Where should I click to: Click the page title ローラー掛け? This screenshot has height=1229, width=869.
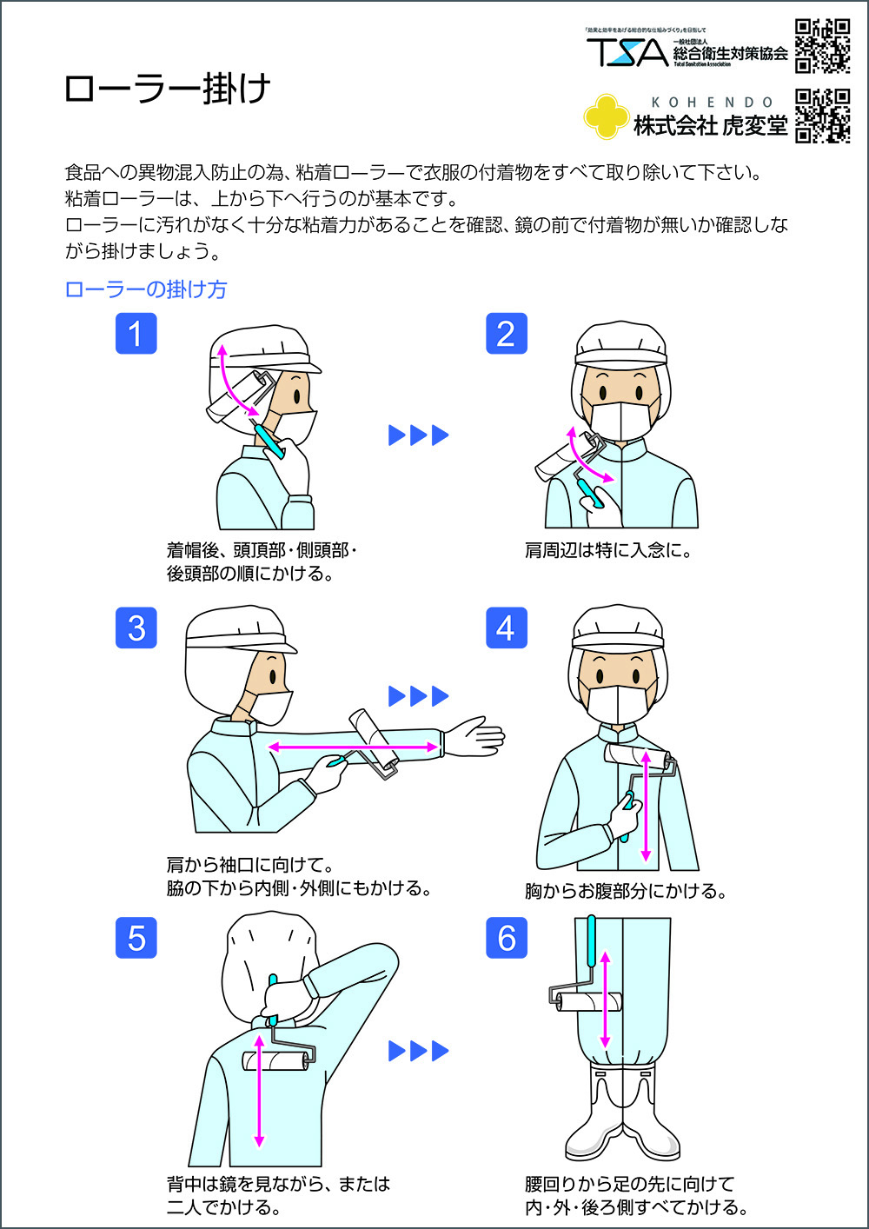167,89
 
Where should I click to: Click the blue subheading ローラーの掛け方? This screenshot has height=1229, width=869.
146,289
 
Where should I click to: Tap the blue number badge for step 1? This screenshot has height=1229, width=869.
136,334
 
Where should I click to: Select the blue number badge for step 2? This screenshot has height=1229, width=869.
506,334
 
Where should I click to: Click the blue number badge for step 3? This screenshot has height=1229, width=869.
136,628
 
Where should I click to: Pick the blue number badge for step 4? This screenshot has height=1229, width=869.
506,628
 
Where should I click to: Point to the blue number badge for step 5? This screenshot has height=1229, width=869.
136,938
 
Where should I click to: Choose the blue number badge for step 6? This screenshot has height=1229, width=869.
506,938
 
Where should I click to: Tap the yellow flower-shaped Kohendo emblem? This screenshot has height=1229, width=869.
606,116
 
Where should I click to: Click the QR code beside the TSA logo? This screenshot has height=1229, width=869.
822,45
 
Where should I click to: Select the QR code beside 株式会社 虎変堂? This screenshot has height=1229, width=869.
822,116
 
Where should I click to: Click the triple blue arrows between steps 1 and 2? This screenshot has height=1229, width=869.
418,435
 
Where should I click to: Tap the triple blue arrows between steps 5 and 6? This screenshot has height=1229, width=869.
418,1051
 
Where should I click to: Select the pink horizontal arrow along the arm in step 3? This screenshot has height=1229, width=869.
353,747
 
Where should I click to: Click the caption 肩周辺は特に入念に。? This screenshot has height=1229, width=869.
607,550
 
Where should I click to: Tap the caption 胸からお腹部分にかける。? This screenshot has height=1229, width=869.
626,891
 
